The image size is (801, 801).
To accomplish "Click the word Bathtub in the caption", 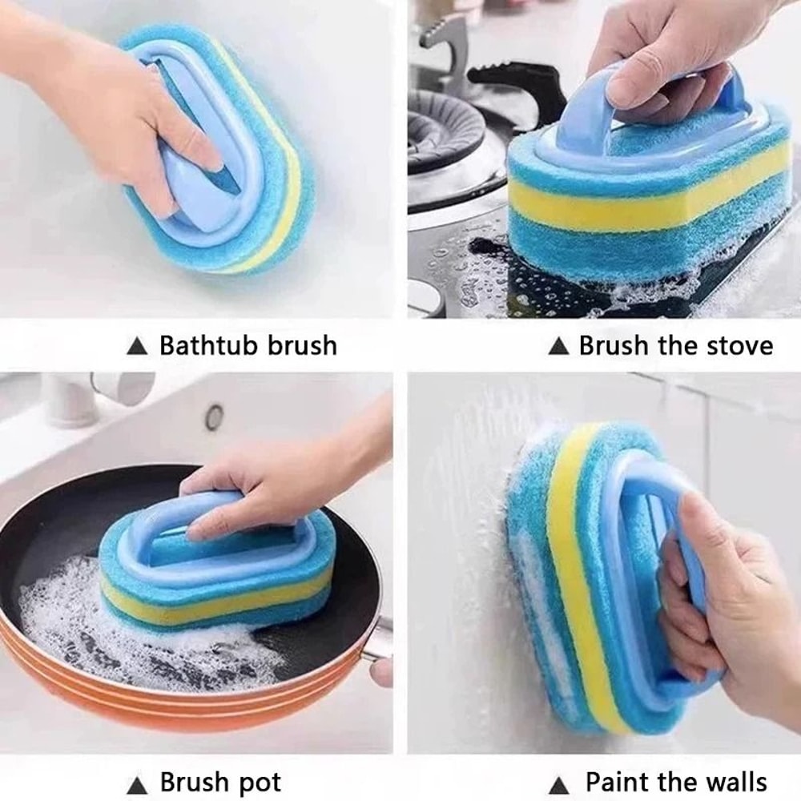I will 201,346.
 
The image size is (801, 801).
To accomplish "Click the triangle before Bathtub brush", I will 138,347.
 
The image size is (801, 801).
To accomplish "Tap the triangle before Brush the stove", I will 557,347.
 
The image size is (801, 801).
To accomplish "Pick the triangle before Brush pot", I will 138,783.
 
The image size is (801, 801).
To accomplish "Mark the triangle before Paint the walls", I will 560,783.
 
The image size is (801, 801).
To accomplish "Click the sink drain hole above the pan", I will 214,417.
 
